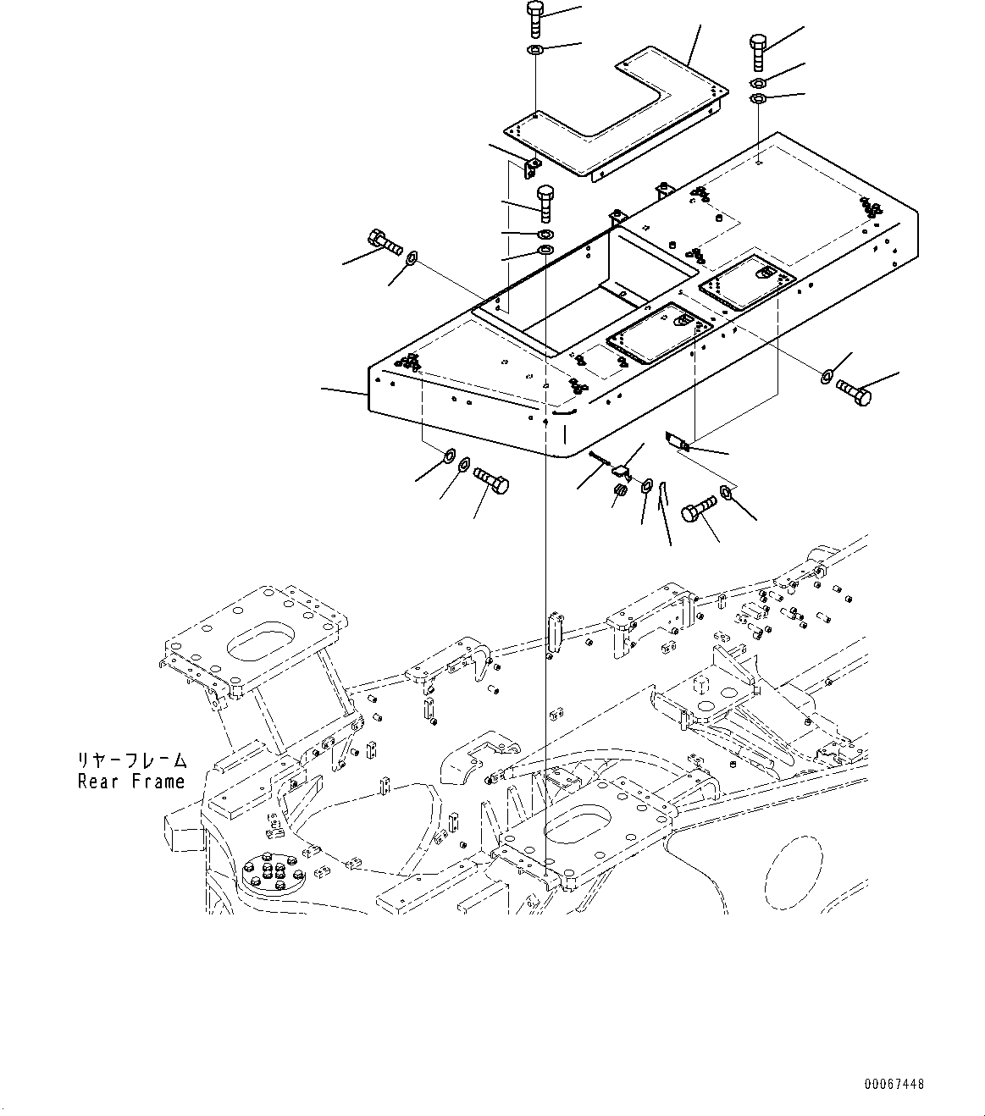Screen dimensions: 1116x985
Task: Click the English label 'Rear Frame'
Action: tap(131, 781)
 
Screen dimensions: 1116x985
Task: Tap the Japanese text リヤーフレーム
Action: tap(131, 760)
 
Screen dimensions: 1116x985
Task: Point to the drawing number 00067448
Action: tap(894, 1084)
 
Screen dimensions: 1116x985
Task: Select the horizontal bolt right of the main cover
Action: tap(853, 392)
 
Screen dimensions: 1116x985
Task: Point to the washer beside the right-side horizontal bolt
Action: tap(827, 375)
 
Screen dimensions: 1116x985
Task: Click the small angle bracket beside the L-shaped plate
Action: tap(532, 167)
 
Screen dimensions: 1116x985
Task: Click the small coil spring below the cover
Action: tap(620, 490)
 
